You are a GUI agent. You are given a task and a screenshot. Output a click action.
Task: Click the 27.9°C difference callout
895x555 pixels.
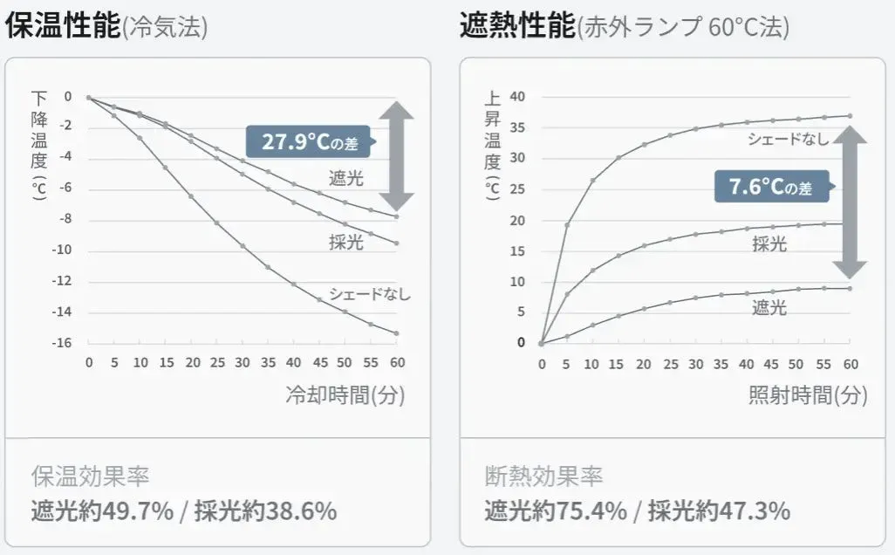(309, 140)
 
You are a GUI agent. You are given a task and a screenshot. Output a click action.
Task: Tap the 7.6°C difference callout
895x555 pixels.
(770, 186)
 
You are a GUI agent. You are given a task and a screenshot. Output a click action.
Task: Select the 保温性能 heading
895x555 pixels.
(63, 26)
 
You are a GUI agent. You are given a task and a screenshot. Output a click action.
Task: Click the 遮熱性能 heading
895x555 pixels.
(517, 26)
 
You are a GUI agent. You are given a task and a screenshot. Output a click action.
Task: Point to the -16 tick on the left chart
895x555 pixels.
(61, 342)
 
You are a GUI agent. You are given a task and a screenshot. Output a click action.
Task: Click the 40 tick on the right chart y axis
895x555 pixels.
(517, 96)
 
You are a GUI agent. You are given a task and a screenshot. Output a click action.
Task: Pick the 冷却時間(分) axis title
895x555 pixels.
(345, 394)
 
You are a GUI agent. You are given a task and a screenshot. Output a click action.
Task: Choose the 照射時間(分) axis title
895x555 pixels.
(808, 394)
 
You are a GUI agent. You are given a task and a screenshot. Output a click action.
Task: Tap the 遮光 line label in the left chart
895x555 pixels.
(346, 179)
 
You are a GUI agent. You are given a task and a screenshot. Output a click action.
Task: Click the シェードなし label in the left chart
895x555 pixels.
(369, 293)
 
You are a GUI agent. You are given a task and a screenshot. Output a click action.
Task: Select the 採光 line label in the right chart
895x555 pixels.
(769, 244)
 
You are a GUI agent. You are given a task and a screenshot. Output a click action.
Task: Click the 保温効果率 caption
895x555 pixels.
(91, 476)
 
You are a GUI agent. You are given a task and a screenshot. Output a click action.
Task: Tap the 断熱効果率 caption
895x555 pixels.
(544, 476)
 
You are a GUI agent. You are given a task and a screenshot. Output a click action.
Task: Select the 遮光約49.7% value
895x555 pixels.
(102, 510)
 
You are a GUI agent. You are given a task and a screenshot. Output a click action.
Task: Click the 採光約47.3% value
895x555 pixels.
(719, 510)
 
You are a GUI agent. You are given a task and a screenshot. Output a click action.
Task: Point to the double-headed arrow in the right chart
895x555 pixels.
(850, 201)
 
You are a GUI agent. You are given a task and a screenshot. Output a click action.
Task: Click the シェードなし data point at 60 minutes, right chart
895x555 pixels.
(851, 115)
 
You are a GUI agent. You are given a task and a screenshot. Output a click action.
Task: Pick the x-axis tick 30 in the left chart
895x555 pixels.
(243, 362)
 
